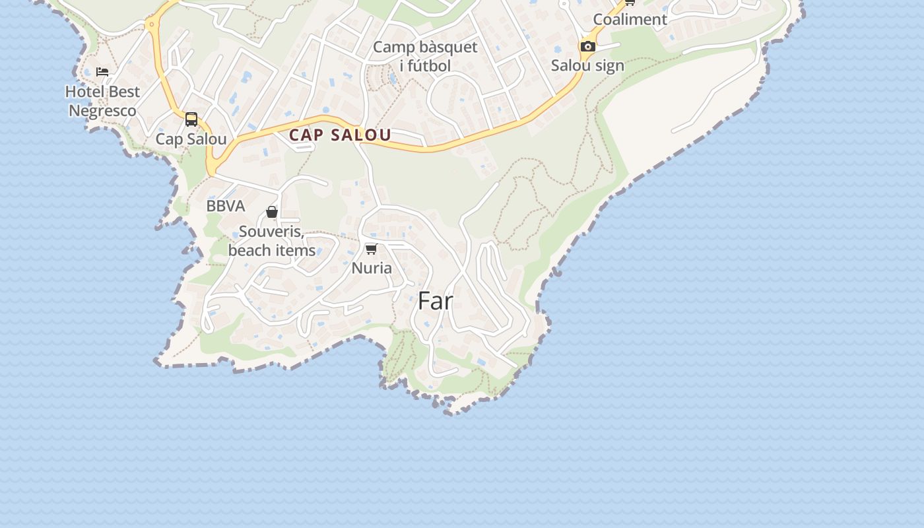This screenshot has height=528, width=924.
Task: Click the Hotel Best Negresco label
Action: click(103, 101)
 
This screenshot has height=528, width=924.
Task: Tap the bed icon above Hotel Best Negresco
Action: click(102, 71)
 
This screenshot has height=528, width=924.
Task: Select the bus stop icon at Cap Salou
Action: click(191, 119)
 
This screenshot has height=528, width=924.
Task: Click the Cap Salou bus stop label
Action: click(191, 139)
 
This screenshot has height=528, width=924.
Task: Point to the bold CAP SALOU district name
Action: click(340, 135)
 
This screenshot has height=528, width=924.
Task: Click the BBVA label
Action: click(226, 206)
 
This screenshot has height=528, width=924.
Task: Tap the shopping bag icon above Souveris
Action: click(272, 212)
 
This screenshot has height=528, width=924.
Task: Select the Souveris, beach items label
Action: click(272, 242)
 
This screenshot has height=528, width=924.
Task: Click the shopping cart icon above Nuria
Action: click(372, 249)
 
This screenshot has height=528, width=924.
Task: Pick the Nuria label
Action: click(372, 268)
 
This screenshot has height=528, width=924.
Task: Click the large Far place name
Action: click(436, 301)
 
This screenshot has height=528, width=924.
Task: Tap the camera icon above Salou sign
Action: click(587, 46)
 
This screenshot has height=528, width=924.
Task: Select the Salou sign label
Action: click(587, 65)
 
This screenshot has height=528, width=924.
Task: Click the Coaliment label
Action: click(630, 19)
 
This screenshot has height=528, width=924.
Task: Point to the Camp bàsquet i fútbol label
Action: click(425, 56)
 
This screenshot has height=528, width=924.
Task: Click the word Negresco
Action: click(103, 111)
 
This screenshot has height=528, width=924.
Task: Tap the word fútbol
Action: click(429, 65)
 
